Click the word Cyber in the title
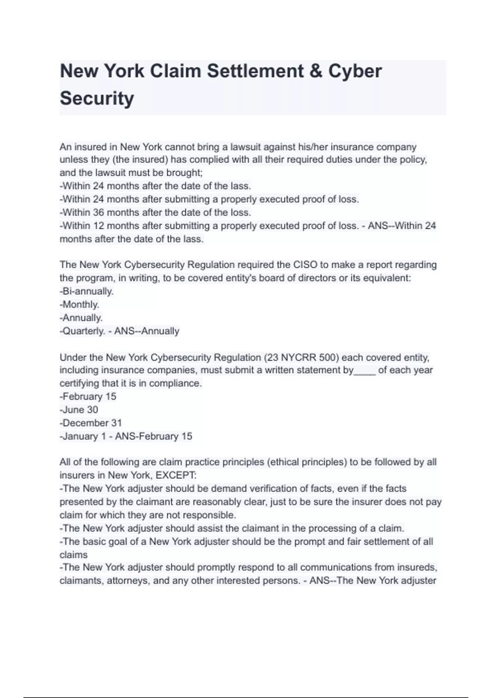click(355, 71)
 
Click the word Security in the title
click(97, 98)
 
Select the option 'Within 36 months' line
click(155, 213)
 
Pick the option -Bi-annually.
click(87, 292)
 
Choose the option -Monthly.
click(80, 305)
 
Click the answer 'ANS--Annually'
click(147, 331)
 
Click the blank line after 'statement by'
click(364, 370)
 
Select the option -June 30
click(79, 410)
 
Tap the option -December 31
click(91, 423)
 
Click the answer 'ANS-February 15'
click(154, 436)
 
